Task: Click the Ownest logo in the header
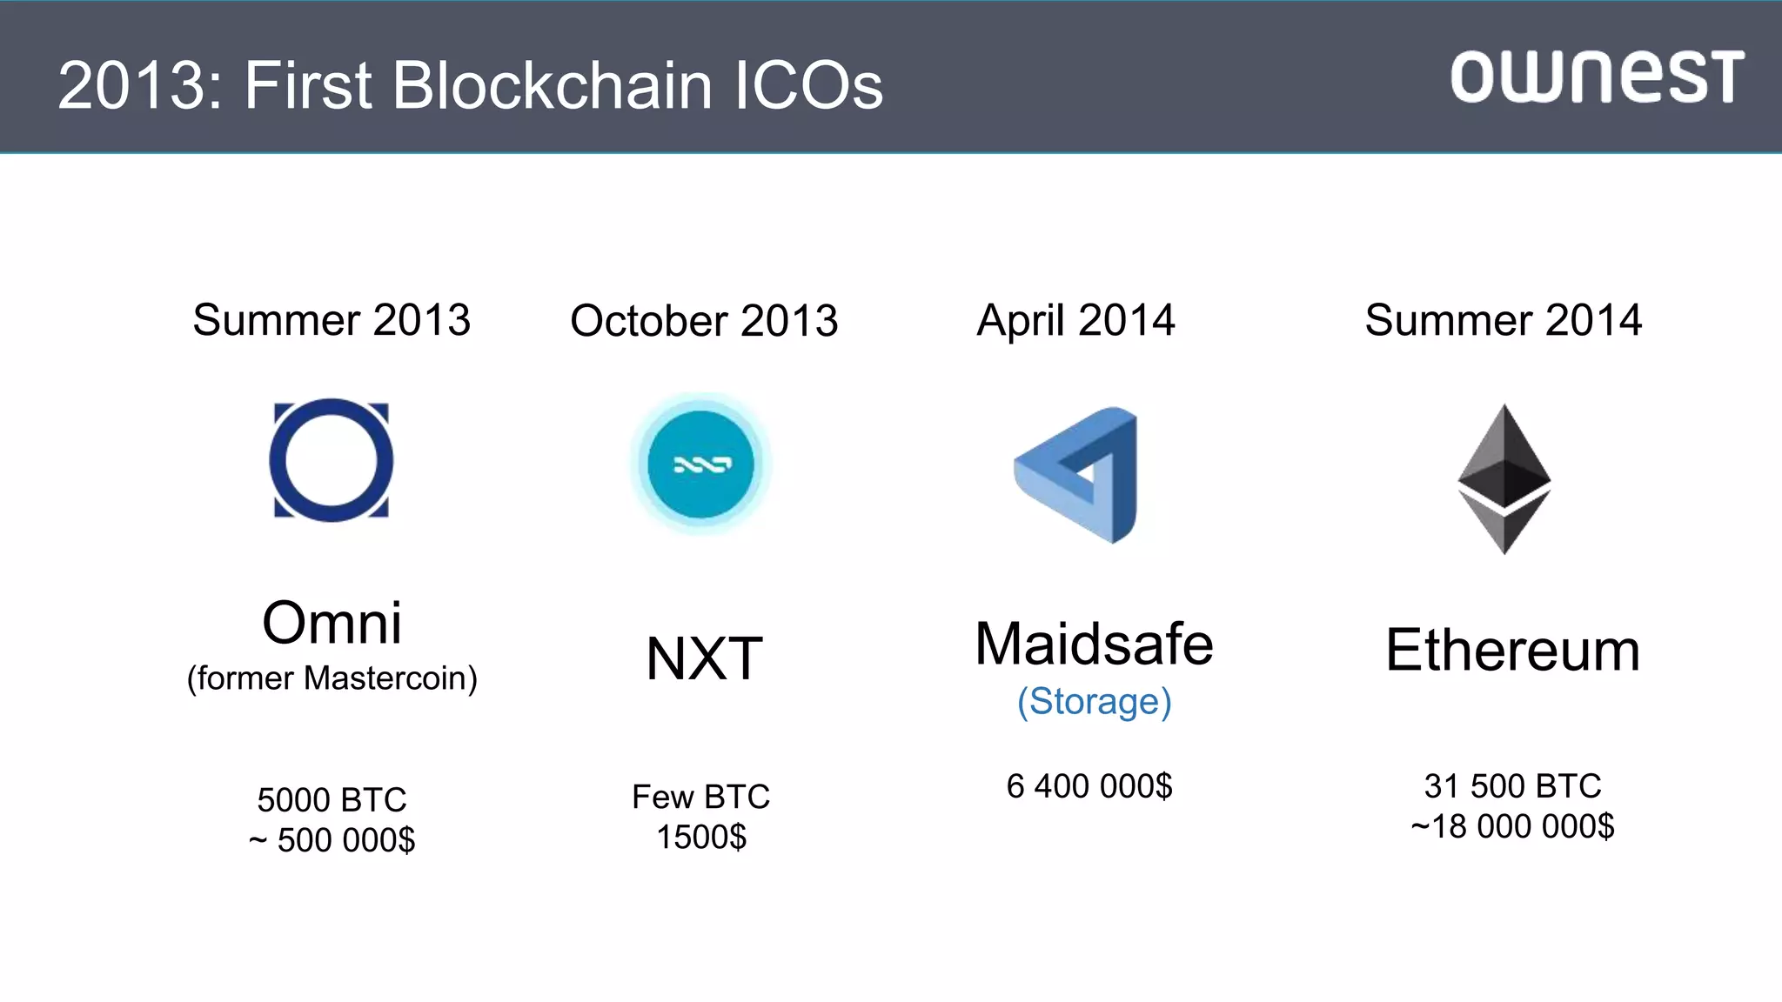(x=1597, y=77)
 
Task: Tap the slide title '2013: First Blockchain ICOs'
(x=470, y=85)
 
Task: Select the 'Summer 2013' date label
(x=332, y=320)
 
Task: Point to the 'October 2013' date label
(x=704, y=321)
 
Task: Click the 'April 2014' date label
(x=1075, y=321)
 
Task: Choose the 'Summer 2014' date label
(x=1503, y=320)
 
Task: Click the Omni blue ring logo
(x=331, y=460)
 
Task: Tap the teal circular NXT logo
(x=701, y=464)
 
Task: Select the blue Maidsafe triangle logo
(x=1079, y=475)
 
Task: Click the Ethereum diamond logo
(x=1504, y=478)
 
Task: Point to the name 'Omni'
(x=332, y=623)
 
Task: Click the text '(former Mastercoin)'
(x=332, y=678)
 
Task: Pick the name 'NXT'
(x=704, y=658)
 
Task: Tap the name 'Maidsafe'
(x=1094, y=645)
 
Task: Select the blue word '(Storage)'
(x=1094, y=702)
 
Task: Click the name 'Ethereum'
(x=1512, y=650)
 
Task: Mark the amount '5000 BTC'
(x=332, y=799)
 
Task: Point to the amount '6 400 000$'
(x=1089, y=786)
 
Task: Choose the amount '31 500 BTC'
(x=1512, y=786)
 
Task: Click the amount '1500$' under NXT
(x=701, y=837)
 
